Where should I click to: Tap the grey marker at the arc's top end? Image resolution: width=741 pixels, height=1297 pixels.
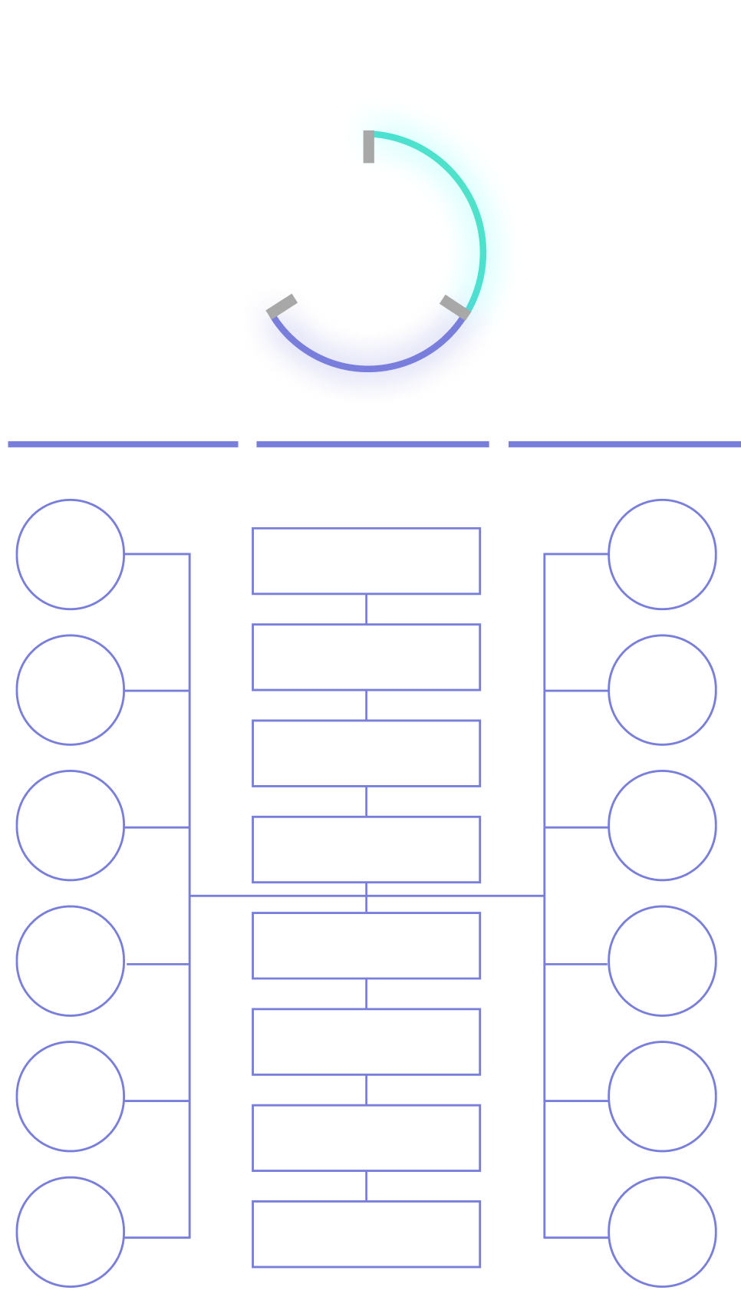point(369,147)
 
